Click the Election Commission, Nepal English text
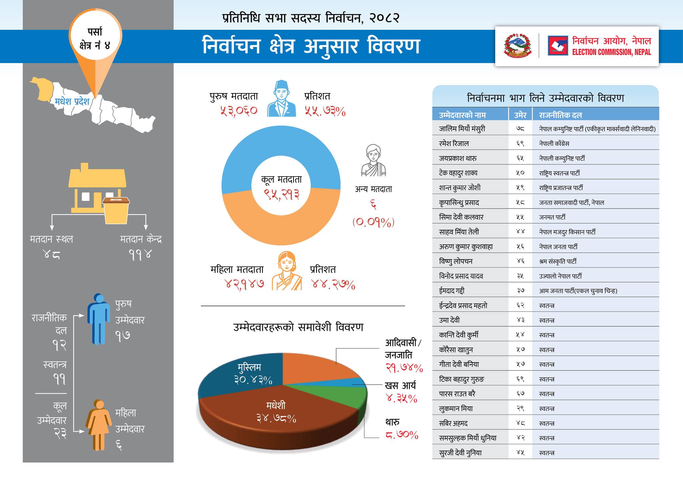[x=611, y=52]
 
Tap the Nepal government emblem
[x=518, y=46]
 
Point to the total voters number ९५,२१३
[x=281, y=194]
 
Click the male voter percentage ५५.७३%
[x=325, y=111]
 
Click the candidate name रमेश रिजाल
[x=454, y=143]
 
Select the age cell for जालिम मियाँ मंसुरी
[x=520, y=129]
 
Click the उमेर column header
[x=520, y=115]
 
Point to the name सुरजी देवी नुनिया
[x=460, y=453]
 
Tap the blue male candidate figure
[x=99, y=319]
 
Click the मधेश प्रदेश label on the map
[x=72, y=101]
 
